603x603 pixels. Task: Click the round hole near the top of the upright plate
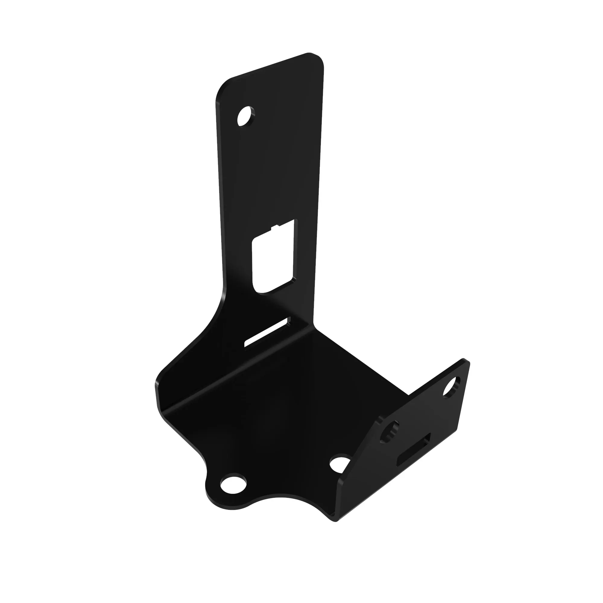tap(246, 116)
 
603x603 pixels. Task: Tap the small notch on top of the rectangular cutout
tap(275, 227)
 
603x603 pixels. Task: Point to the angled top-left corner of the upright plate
tap(223, 86)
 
